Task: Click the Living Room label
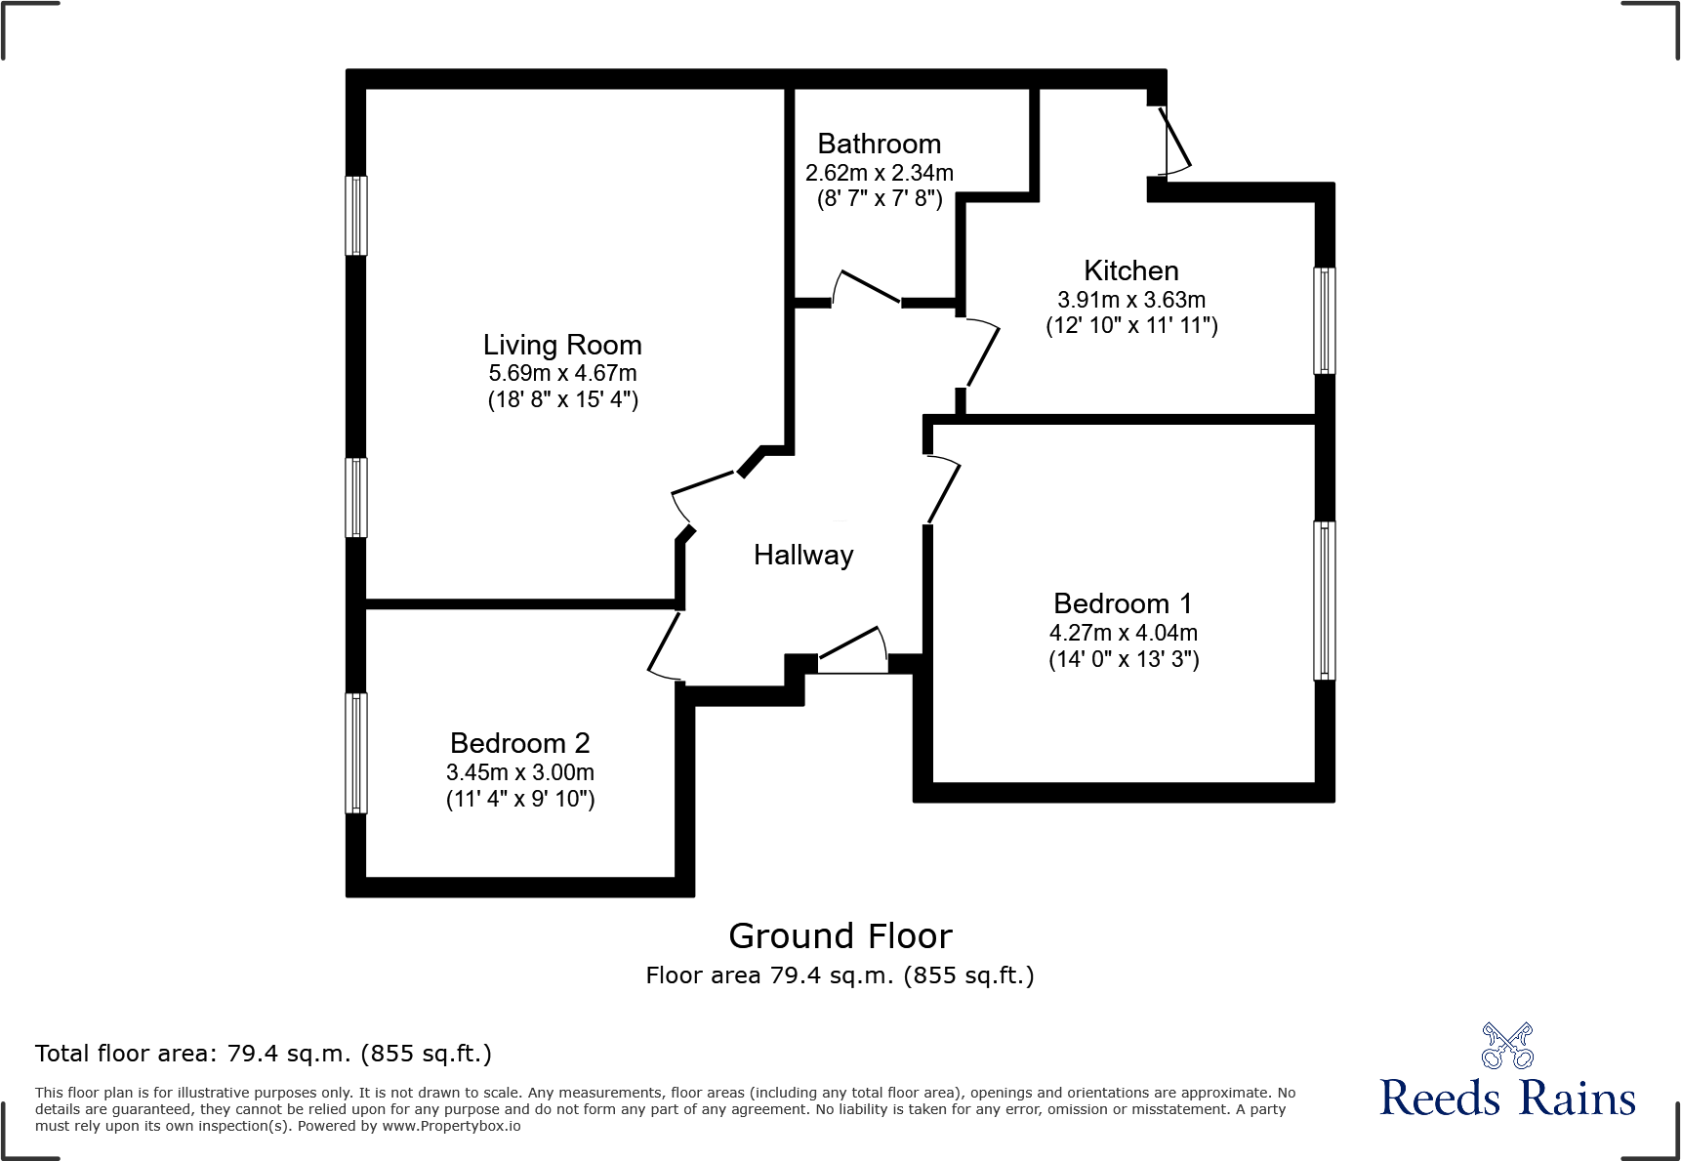click(562, 345)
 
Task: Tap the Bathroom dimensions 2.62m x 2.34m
click(879, 173)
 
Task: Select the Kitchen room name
click(1131, 270)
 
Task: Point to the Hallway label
click(803, 555)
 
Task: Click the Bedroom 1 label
click(1123, 603)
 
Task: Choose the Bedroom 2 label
click(520, 743)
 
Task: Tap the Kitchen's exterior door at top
click(1174, 141)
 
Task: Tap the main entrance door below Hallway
click(853, 650)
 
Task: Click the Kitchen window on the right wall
click(1324, 321)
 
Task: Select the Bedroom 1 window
click(1324, 601)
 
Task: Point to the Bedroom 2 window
click(356, 753)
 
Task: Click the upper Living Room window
click(356, 216)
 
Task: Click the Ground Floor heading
click(840, 936)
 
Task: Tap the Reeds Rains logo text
click(1507, 1099)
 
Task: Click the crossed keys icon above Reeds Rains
click(1507, 1046)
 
